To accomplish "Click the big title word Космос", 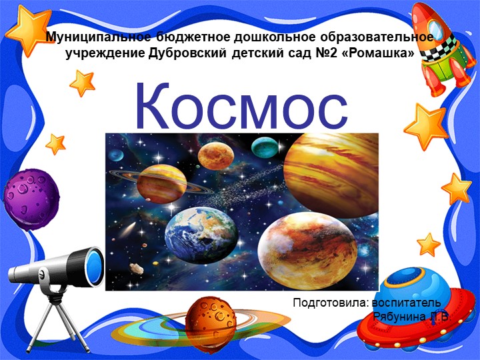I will [241, 107].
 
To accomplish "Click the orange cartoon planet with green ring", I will [210, 320].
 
